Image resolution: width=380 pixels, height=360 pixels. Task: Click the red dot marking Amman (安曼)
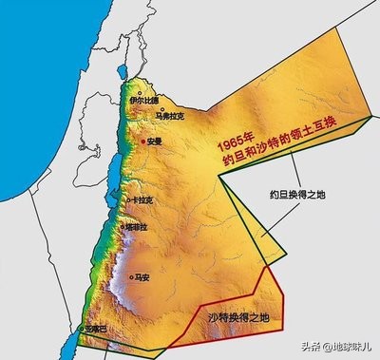(x=143, y=141)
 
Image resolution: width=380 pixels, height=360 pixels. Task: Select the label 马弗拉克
(x=170, y=117)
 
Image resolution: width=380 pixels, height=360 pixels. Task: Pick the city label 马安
(x=142, y=278)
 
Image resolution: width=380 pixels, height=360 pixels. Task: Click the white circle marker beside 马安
(x=131, y=277)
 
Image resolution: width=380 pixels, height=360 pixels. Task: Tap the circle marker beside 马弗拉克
(x=161, y=108)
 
